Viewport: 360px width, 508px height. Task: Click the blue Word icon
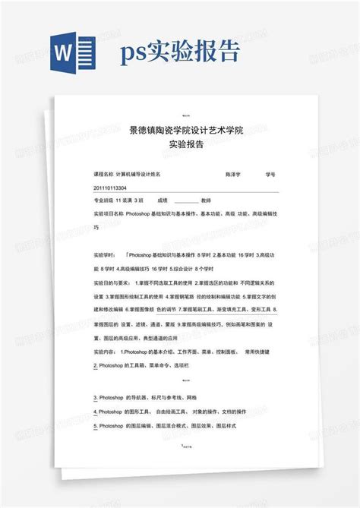[70, 52]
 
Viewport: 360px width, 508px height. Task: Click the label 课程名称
[103, 174]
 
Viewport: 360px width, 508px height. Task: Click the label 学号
[270, 174]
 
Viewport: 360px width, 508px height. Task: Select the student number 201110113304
[110, 187]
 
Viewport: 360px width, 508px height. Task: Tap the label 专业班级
[103, 200]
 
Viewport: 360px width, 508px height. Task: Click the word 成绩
[163, 200]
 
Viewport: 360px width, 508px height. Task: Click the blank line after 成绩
[186, 201]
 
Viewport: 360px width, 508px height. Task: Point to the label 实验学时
[103, 254]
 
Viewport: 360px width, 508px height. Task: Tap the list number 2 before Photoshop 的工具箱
[93, 366]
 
